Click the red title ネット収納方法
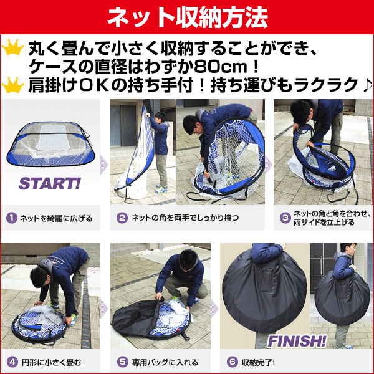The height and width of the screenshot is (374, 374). pyautogui.click(x=188, y=17)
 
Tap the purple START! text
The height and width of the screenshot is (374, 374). pyautogui.click(x=50, y=184)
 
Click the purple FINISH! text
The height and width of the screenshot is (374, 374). pyautogui.click(x=297, y=341)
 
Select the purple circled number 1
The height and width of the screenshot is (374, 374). pyautogui.click(x=12, y=218)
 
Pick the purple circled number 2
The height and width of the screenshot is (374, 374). pyautogui.click(x=122, y=218)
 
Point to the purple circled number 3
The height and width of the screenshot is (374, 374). pyautogui.click(x=285, y=218)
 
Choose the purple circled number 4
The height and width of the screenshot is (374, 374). pyautogui.click(x=12, y=362)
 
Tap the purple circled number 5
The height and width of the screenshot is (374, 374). pyautogui.click(x=123, y=362)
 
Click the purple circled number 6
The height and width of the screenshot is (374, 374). pyautogui.click(x=233, y=362)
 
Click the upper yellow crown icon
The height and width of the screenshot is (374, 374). pyautogui.click(x=13, y=47)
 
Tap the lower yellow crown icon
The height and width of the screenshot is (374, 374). pyautogui.click(x=13, y=85)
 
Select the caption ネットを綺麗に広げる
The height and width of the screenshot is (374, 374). pyautogui.click(x=56, y=218)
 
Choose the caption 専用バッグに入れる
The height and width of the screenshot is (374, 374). pyautogui.click(x=165, y=362)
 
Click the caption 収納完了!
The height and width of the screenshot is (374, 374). pyautogui.click(x=258, y=362)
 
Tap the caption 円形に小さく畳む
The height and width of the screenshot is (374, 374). pyautogui.click(x=51, y=363)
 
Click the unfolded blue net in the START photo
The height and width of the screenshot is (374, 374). pyautogui.click(x=50, y=144)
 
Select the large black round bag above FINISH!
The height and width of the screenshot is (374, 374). pyautogui.click(x=264, y=289)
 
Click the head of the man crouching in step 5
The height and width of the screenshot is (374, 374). pyautogui.click(x=188, y=259)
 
